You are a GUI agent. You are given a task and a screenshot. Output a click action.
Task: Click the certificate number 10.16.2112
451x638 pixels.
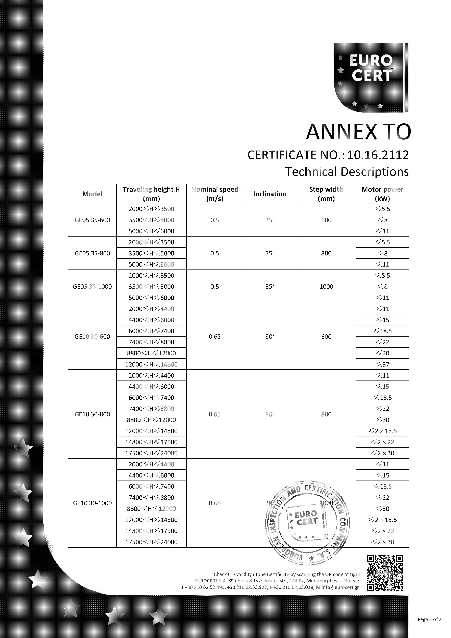(378, 155)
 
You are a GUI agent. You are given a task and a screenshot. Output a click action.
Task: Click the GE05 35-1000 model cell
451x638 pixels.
(92, 287)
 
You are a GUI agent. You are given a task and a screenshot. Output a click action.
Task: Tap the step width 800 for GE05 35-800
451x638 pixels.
(326, 253)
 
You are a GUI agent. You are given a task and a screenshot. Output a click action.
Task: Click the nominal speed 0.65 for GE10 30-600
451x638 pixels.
(215, 337)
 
